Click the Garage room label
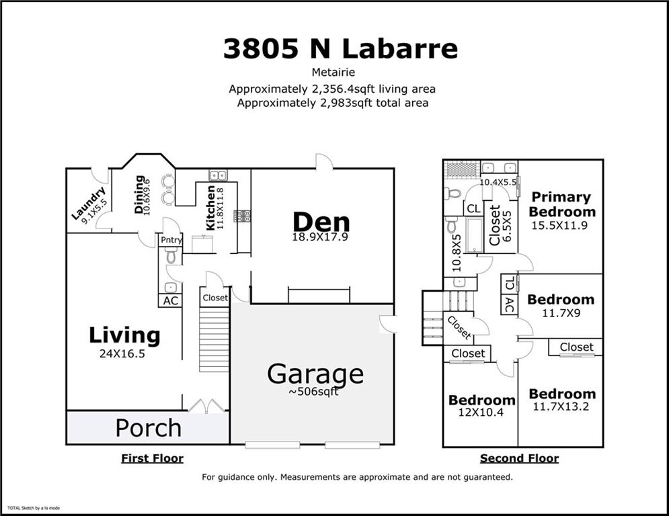click(315, 374)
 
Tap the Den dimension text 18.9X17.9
click(320, 236)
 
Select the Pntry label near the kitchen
click(171, 240)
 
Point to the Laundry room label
click(88, 203)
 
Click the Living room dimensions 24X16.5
click(122, 353)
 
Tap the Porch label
click(149, 428)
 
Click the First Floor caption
click(153, 458)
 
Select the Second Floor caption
click(519, 458)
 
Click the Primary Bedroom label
click(561, 204)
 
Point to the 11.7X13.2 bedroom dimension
click(561, 406)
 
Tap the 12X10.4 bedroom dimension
click(481, 413)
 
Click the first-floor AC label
click(171, 300)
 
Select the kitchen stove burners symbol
click(242, 216)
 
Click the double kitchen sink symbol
click(218, 175)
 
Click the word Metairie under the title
click(333, 72)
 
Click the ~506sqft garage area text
click(313, 392)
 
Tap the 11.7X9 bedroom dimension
click(561, 313)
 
